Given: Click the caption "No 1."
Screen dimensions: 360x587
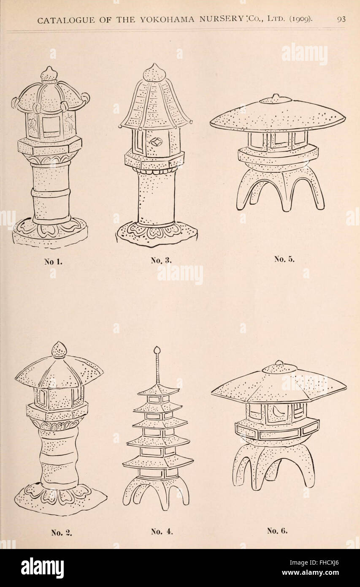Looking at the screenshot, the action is [53, 262].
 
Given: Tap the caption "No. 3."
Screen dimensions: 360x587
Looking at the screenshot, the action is [161, 261].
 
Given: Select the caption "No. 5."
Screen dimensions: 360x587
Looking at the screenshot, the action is [284, 259].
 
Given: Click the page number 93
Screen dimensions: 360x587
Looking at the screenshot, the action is [341, 19].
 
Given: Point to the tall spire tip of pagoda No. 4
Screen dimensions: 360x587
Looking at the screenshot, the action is [157, 349].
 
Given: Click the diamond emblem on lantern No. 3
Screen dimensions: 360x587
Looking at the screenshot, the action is [156, 142].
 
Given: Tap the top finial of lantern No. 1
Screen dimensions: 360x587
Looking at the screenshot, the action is [49, 73].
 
